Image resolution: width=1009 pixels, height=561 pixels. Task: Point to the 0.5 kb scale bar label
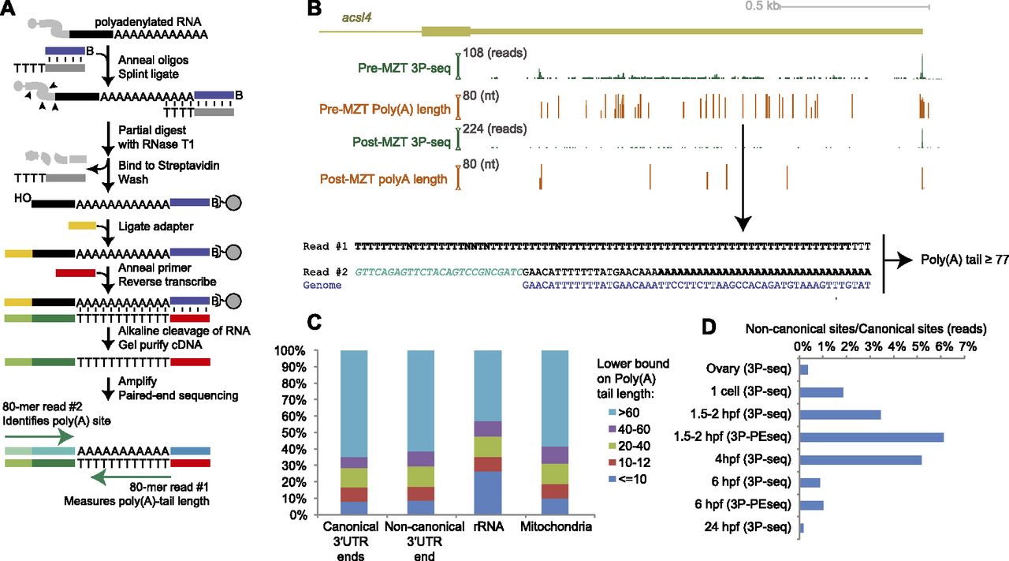[x=762, y=6]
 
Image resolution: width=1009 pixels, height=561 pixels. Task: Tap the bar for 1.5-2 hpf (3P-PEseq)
[x=872, y=437]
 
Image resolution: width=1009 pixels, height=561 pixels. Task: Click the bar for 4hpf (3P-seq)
[x=861, y=460]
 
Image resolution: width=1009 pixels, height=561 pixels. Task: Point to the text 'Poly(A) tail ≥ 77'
[x=963, y=260]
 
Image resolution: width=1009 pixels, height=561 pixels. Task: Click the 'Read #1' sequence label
[x=324, y=247]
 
